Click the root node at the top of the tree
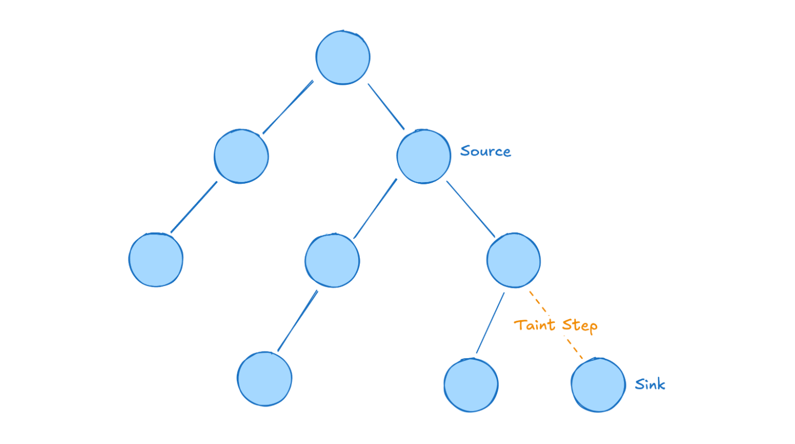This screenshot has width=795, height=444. click(x=343, y=58)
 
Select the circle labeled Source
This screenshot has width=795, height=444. click(x=424, y=157)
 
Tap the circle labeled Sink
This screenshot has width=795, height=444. click(x=598, y=384)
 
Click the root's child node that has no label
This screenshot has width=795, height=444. click(x=241, y=156)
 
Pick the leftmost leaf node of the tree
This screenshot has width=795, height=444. click(x=156, y=260)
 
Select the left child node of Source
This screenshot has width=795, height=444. click(x=332, y=260)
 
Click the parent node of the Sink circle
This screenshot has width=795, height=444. click(x=514, y=260)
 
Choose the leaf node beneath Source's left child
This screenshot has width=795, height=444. click(x=264, y=379)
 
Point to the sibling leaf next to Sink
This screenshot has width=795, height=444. click(x=471, y=385)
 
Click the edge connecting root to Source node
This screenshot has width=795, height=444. click(x=386, y=106)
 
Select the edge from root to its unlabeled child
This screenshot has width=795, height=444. click(x=288, y=107)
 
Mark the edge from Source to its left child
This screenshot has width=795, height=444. click(x=375, y=209)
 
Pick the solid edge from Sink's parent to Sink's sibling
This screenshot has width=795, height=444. click(x=491, y=322)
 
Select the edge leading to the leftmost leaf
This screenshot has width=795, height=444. click(x=194, y=207)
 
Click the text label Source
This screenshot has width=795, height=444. click(x=486, y=151)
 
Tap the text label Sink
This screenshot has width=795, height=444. click(x=650, y=384)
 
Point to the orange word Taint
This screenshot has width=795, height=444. click(x=534, y=325)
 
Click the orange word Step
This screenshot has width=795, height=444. click(x=580, y=326)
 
